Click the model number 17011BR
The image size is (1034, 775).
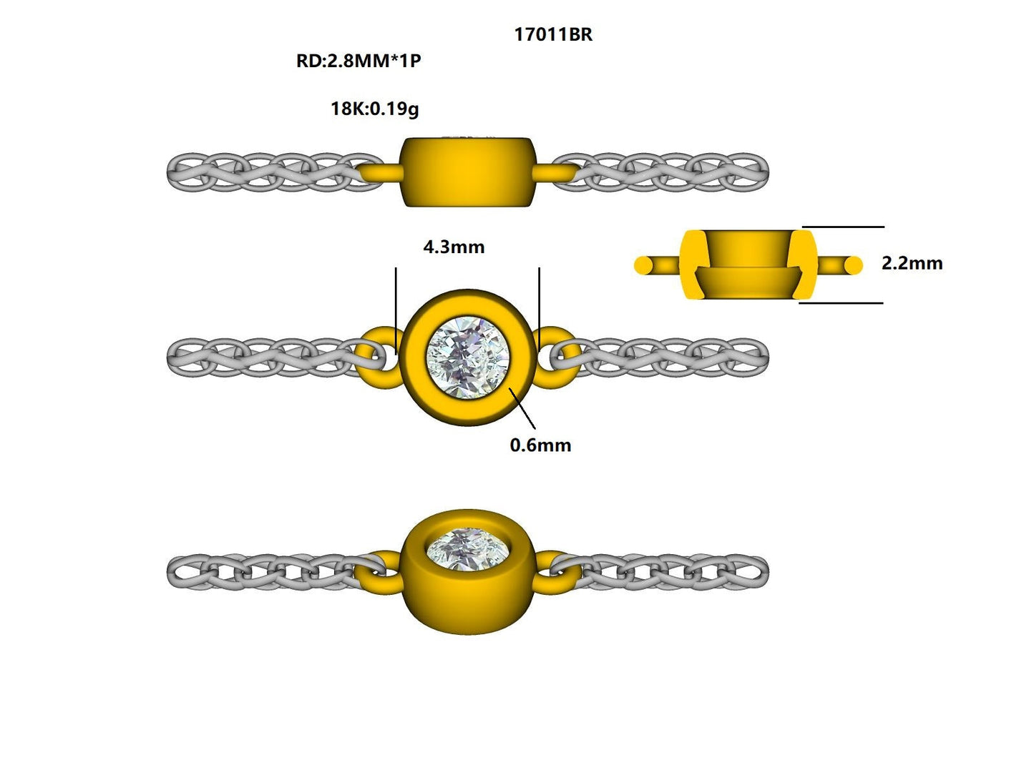click(x=553, y=34)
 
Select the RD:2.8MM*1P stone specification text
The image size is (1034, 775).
click(x=358, y=61)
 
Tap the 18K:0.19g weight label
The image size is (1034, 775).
click(x=374, y=109)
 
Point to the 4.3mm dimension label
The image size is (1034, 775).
click(x=454, y=247)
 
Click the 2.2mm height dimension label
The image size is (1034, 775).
click(x=912, y=263)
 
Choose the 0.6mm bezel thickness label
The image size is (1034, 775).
click(x=540, y=445)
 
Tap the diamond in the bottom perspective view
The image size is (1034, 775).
click(x=468, y=547)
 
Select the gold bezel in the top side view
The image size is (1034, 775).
click(x=468, y=172)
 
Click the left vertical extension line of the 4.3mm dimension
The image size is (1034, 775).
click(x=396, y=307)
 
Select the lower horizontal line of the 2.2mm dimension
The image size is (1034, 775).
click(x=841, y=303)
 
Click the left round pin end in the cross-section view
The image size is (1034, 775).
click(x=643, y=265)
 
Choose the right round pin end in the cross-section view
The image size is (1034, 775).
click(x=853, y=265)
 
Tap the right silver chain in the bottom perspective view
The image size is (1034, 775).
click(x=662, y=571)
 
